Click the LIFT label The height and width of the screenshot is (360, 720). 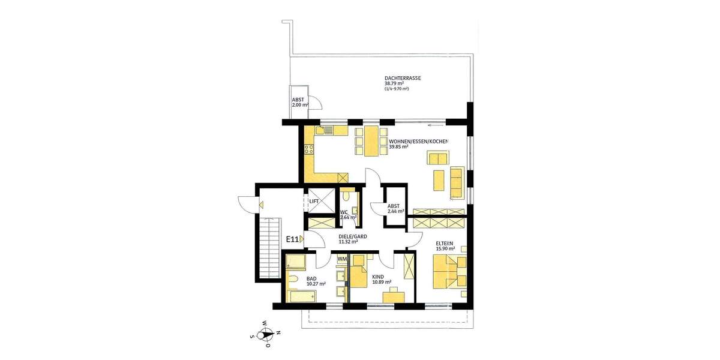[314, 202]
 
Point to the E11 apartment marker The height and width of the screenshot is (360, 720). [292, 239]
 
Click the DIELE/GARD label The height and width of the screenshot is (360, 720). [353, 237]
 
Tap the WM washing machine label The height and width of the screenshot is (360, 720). [342, 259]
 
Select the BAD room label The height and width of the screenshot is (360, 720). [311, 279]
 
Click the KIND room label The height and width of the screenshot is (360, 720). [378, 277]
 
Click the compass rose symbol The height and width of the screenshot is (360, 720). [266, 334]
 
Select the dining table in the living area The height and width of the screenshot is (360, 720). [372, 141]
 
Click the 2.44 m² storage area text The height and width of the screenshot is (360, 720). [396, 212]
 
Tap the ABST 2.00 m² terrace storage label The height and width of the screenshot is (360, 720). [300, 103]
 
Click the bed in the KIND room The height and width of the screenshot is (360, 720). [359, 272]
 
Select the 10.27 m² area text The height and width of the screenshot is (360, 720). [316, 284]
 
